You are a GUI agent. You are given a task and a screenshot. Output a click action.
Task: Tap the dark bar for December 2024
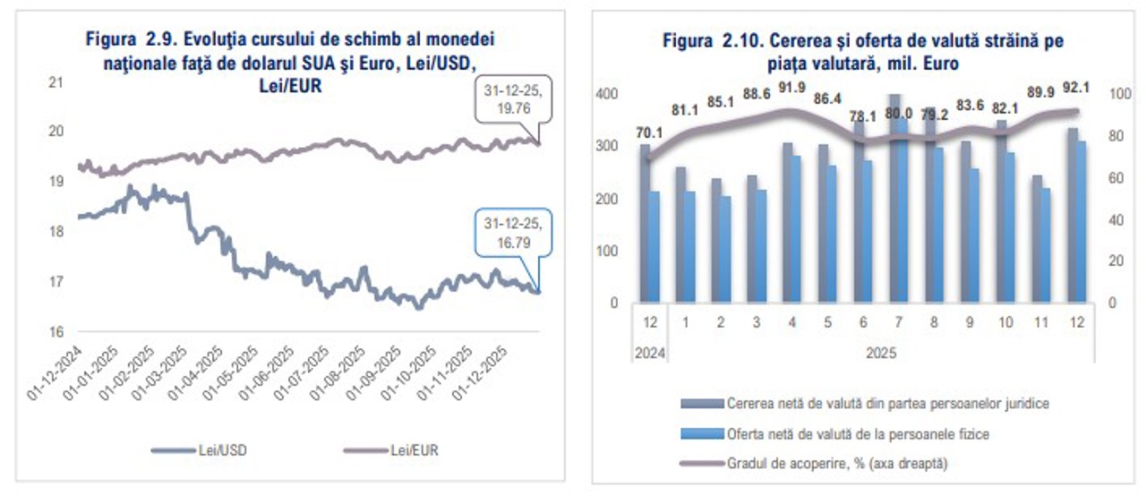[646, 224]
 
